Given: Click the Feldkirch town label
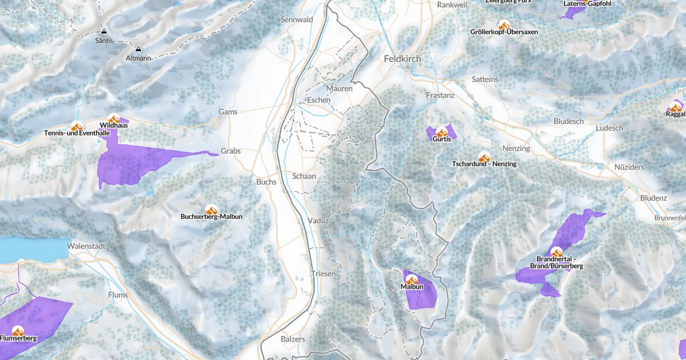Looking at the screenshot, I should (x=402, y=59).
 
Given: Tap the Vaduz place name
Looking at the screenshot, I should (x=318, y=221).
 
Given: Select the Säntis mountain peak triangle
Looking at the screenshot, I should (x=104, y=32).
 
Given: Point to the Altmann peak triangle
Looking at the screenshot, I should (x=138, y=49).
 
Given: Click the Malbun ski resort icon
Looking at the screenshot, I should (x=412, y=279).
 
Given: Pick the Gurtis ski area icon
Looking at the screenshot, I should (x=441, y=132).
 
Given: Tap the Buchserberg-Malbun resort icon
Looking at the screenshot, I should (x=211, y=210).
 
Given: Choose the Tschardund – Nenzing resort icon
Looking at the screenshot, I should (x=484, y=157).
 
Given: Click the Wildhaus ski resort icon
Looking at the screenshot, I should (x=114, y=118).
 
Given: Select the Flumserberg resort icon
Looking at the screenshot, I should (x=18, y=331).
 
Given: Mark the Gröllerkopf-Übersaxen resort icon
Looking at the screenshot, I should (x=504, y=25).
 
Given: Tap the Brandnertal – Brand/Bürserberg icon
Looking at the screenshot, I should (x=556, y=252).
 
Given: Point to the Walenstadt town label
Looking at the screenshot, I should (x=85, y=246).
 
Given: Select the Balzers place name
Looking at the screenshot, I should (x=293, y=339).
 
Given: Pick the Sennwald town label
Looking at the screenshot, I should (x=297, y=19).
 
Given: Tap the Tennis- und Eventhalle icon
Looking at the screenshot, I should (x=77, y=126).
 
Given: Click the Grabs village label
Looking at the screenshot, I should (x=231, y=151).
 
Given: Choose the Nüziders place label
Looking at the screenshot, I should (x=629, y=167).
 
